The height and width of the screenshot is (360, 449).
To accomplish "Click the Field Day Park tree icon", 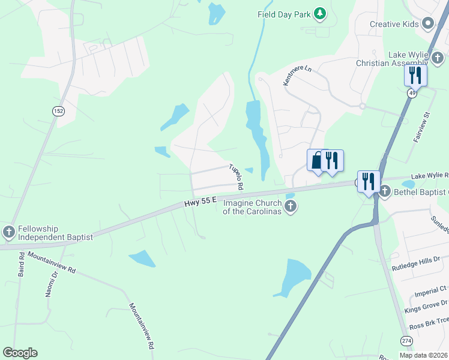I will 321,14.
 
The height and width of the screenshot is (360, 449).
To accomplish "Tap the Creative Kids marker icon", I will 428,24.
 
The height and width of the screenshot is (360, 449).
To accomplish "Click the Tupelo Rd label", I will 236,177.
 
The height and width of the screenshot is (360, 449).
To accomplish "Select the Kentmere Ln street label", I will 298,75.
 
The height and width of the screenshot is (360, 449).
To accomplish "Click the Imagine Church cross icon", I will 291,208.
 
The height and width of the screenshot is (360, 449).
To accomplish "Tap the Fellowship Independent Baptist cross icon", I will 8,232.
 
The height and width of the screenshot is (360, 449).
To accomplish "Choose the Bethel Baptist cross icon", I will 384,192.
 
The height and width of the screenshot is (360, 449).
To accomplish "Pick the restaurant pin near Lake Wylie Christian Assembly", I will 415,75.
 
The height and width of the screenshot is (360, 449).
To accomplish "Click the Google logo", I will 20,353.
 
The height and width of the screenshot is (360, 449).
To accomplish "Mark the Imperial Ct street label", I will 430,291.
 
